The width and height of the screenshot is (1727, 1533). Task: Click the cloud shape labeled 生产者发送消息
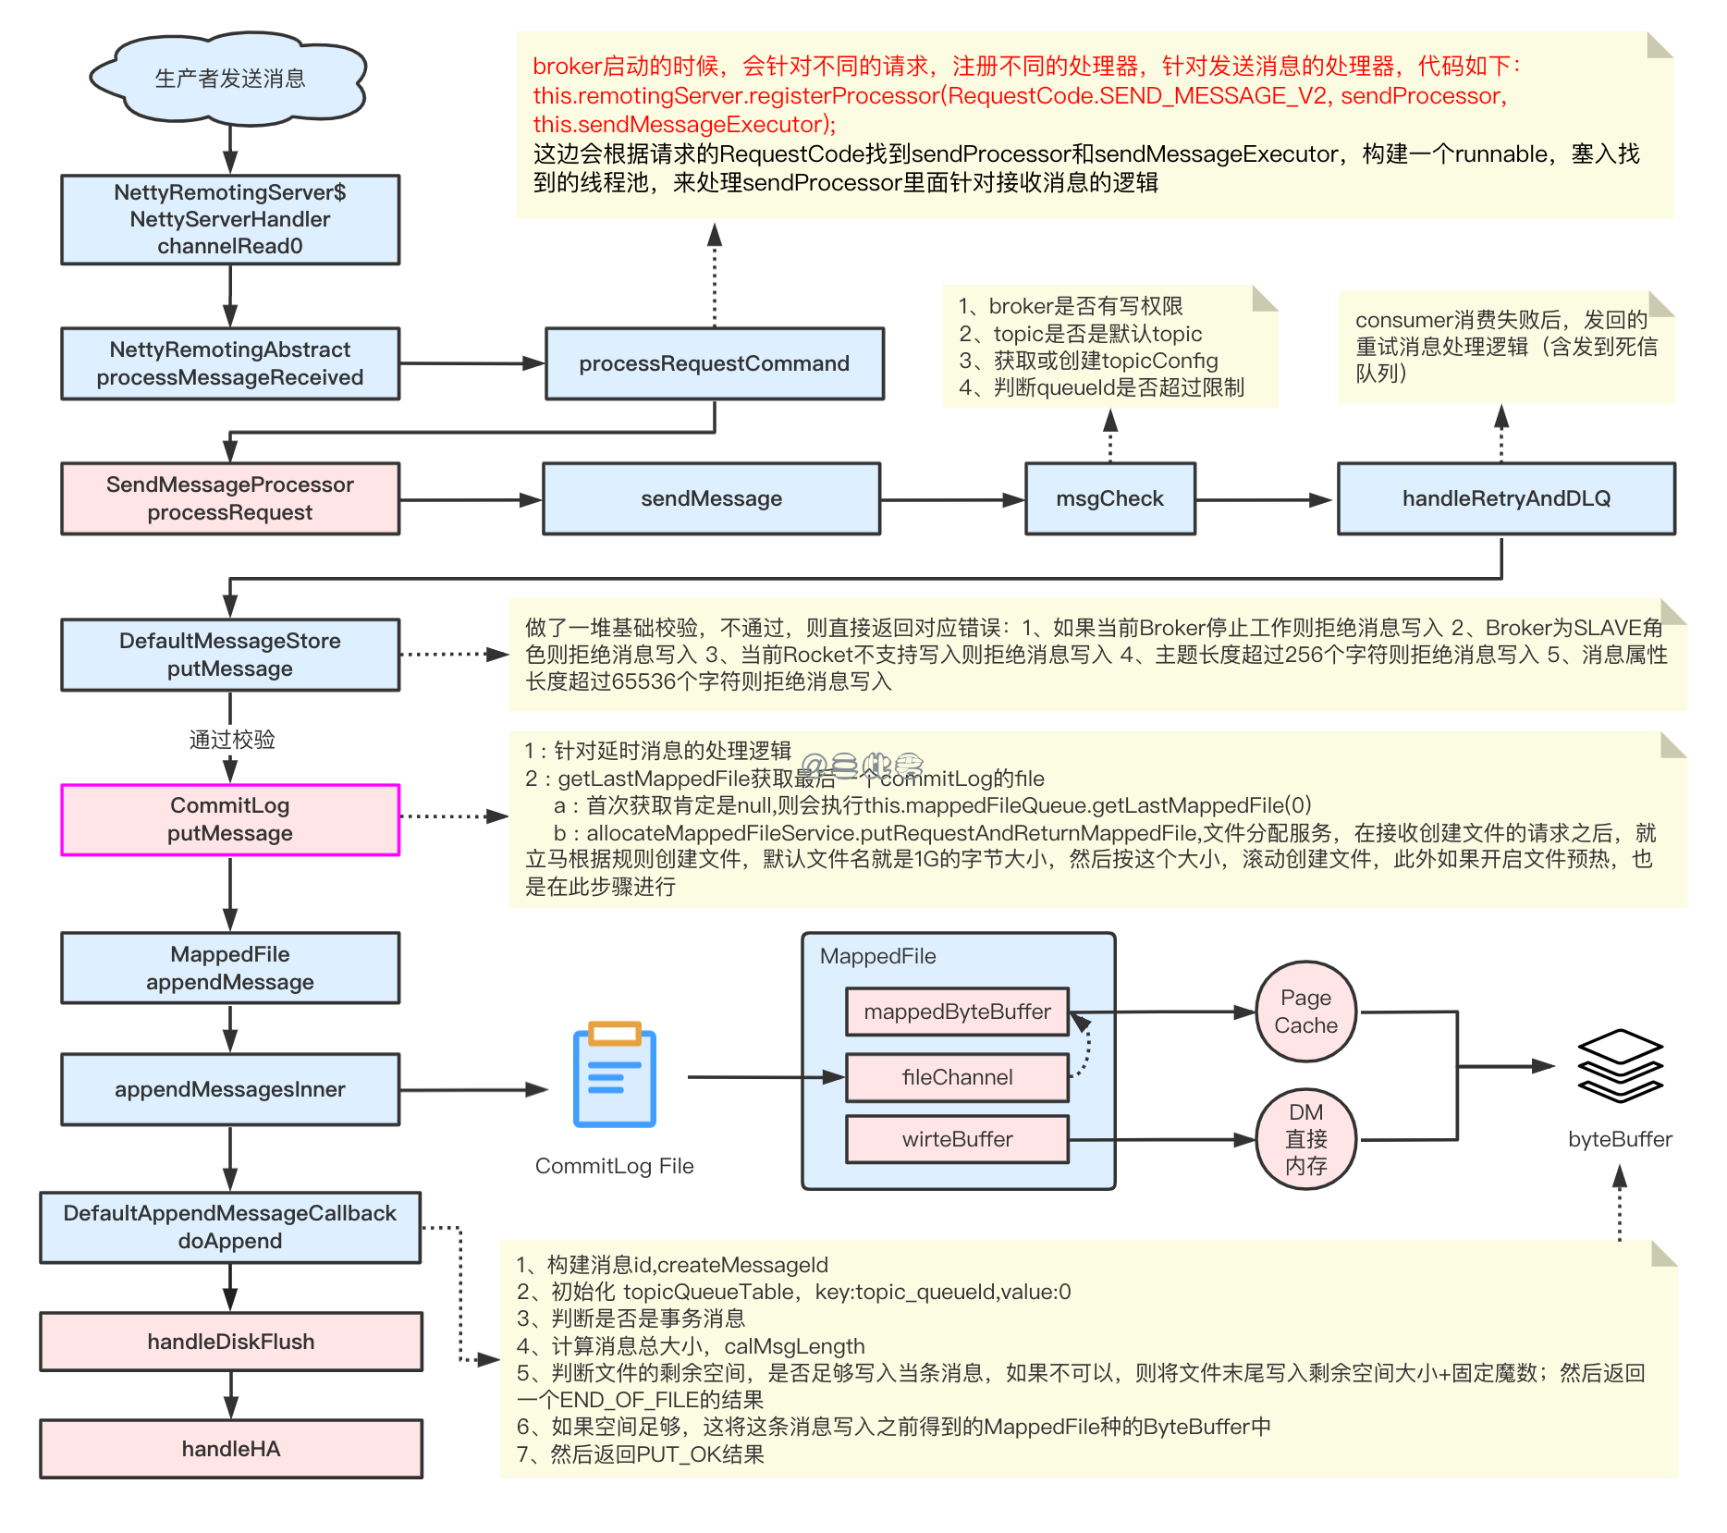tap(229, 79)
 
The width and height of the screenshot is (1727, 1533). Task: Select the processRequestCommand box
tap(714, 363)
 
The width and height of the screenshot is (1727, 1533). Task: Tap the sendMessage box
tap(711, 499)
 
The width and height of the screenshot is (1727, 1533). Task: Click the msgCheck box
tap(1109, 499)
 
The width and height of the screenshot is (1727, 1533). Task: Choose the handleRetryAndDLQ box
tap(1505, 499)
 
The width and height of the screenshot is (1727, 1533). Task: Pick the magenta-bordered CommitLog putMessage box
tap(230, 819)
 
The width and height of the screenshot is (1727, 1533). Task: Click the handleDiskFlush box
tap(230, 1342)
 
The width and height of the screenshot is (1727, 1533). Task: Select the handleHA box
tap(230, 1449)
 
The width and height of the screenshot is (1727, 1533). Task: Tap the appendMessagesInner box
tap(230, 1089)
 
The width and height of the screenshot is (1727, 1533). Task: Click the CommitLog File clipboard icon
tap(614, 1075)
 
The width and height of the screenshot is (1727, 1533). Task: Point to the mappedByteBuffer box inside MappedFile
tap(957, 1012)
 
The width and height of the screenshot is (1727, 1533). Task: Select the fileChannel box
tap(957, 1077)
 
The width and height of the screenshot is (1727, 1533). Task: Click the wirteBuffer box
tap(957, 1139)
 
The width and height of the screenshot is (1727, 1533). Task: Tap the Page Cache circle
tap(1305, 1012)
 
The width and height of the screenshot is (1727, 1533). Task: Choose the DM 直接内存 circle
tap(1305, 1139)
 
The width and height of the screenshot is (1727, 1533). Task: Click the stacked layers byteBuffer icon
tap(1620, 1065)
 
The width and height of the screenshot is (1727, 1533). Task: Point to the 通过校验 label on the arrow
tap(231, 740)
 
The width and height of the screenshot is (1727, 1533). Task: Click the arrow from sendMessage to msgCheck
tap(952, 500)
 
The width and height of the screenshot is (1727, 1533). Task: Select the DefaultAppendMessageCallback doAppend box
tap(230, 1227)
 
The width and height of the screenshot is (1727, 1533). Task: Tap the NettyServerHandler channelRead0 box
tap(230, 220)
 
